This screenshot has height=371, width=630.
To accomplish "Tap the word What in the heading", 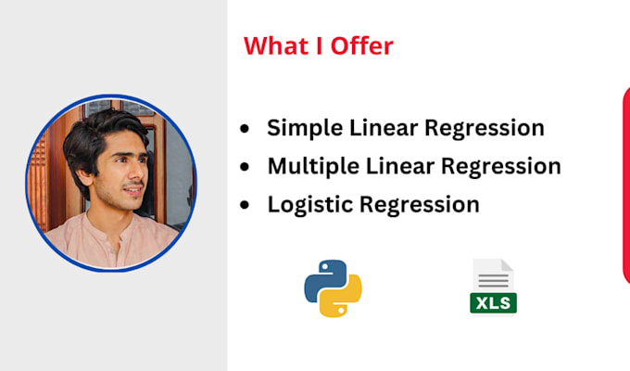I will coord(275,45).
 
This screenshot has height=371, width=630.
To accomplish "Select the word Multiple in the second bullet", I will coord(311,166).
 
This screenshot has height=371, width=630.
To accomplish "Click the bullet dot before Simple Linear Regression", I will coord(244,129).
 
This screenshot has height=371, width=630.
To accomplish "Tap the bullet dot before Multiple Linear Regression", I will coord(244,167).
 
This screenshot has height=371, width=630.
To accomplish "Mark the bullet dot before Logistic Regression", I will coord(244,205).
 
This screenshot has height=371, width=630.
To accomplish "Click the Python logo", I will coord(332,287).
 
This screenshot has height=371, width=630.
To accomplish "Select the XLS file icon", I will coord(493,286).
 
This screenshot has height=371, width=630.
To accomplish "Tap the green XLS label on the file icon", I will coord(493,301).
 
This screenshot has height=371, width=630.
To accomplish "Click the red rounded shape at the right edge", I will coord(625,185).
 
